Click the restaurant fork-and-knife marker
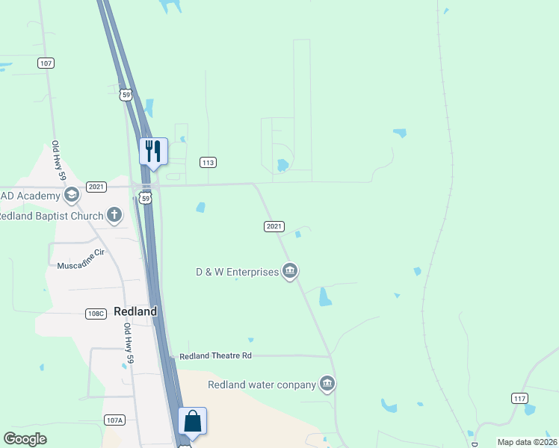(153, 152)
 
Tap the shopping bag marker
(192, 421)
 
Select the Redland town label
(135, 311)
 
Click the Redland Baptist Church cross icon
(114, 216)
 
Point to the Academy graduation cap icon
(72, 196)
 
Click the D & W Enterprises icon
(290, 271)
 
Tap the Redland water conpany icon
(327, 385)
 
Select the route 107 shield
(46, 63)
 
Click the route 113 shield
(208, 162)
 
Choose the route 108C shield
(95, 314)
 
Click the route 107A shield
(114, 420)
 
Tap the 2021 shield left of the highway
(96, 187)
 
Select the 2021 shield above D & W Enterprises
(274, 226)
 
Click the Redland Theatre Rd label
(215, 356)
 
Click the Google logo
(25, 439)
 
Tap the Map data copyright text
(527, 442)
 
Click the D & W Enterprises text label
(236, 272)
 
